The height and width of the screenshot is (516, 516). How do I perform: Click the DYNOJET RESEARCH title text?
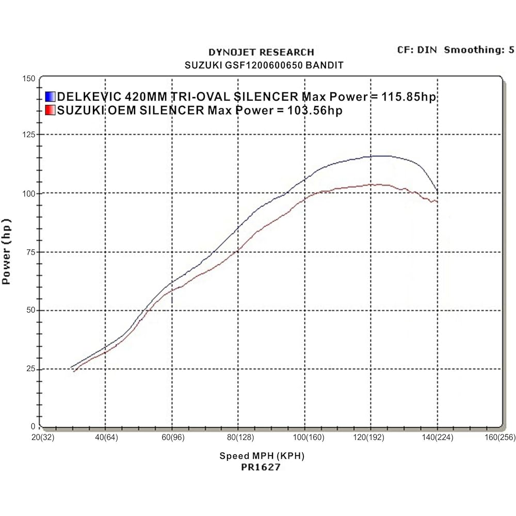click(x=261, y=52)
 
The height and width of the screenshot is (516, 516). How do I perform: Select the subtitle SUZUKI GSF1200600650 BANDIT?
click(x=264, y=66)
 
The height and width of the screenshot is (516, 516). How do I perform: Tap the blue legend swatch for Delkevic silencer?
click(x=50, y=96)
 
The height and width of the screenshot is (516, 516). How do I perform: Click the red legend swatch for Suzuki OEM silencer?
click(x=50, y=110)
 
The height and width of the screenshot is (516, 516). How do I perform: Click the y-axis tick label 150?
click(x=29, y=78)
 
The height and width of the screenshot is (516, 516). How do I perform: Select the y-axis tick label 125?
click(x=29, y=135)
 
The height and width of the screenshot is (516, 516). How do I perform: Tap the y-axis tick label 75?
click(x=31, y=252)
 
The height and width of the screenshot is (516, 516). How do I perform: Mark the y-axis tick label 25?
click(x=31, y=369)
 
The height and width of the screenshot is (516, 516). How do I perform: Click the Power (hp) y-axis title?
click(x=7, y=251)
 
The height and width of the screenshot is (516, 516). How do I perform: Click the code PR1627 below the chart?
click(x=261, y=467)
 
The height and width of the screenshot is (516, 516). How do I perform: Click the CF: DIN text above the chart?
click(x=416, y=50)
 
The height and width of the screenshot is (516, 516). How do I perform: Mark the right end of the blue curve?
click(x=438, y=192)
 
